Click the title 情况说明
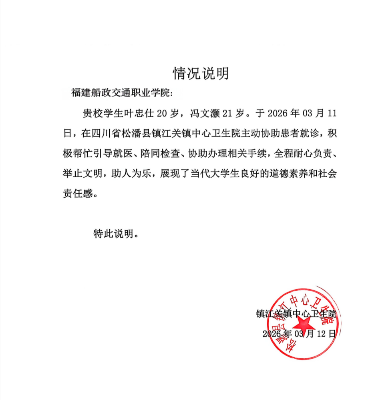pos(201,73)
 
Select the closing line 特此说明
pos(115,233)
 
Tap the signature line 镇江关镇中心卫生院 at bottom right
pos(296,313)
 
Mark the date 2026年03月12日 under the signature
pos(298,333)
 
